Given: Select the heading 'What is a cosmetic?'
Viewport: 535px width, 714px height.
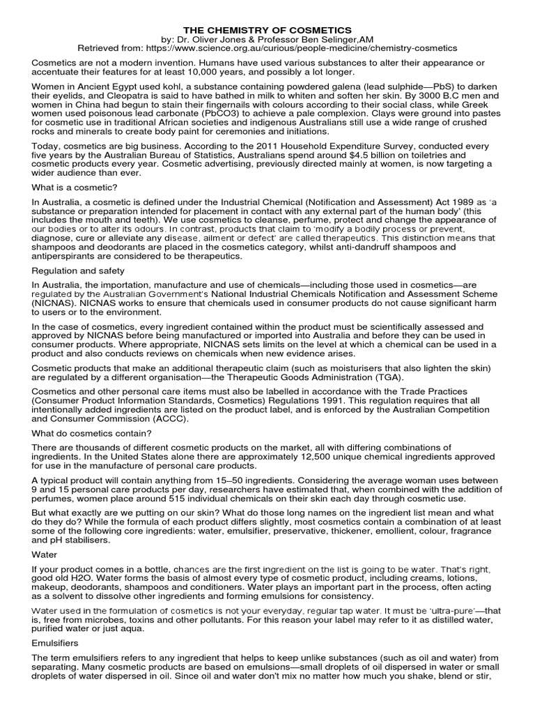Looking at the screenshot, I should [75, 188].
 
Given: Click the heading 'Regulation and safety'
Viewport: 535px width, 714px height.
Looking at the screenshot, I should [78, 270].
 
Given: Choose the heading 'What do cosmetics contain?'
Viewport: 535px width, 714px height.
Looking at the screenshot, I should [91, 433].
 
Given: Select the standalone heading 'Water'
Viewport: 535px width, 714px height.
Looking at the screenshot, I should [45, 556].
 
